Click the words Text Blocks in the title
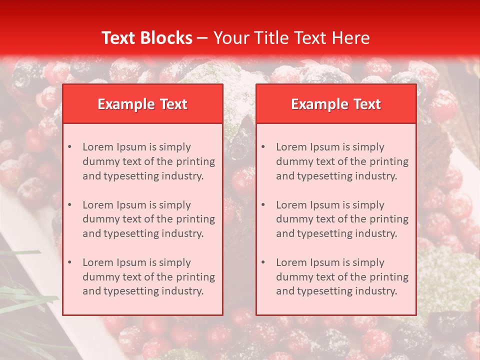click(x=146, y=38)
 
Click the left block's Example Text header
click(x=142, y=104)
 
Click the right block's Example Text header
click(x=336, y=104)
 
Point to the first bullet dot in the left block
click(x=69, y=147)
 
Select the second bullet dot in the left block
click(x=69, y=205)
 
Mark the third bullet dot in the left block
click(x=69, y=262)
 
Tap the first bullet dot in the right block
click(x=263, y=147)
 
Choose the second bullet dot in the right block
click(x=263, y=205)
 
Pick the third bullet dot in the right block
click(x=263, y=262)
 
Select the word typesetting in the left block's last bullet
click(x=132, y=291)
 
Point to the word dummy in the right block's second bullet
click(x=293, y=219)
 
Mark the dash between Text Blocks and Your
click(x=202, y=38)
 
